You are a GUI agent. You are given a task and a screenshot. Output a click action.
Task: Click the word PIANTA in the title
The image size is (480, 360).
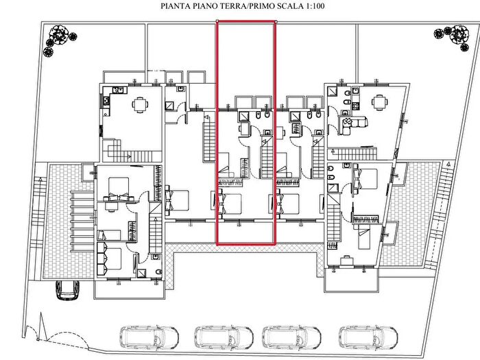[x=172, y=5]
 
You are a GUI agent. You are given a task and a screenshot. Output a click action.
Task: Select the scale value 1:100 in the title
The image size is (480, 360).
[x=313, y=5]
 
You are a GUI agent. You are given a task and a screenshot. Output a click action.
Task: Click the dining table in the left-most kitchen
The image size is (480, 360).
[x=140, y=104]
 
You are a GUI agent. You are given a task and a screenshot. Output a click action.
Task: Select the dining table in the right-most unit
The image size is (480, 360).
[x=380, y=102]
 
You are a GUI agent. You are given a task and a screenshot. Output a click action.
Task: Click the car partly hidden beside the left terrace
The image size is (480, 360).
[x=67, y=289]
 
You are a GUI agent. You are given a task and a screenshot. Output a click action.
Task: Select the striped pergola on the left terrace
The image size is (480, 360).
[x=82, y=221]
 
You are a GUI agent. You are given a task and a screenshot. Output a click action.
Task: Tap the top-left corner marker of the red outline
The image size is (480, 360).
[x=217, y=21]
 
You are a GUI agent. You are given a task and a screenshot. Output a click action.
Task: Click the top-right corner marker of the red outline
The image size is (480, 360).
[x=276, y=21]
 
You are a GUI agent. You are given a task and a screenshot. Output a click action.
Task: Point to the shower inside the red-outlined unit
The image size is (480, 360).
[x=244, y=117]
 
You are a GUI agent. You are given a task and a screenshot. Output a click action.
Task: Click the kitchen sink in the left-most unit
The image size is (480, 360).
[x=119, y=90]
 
